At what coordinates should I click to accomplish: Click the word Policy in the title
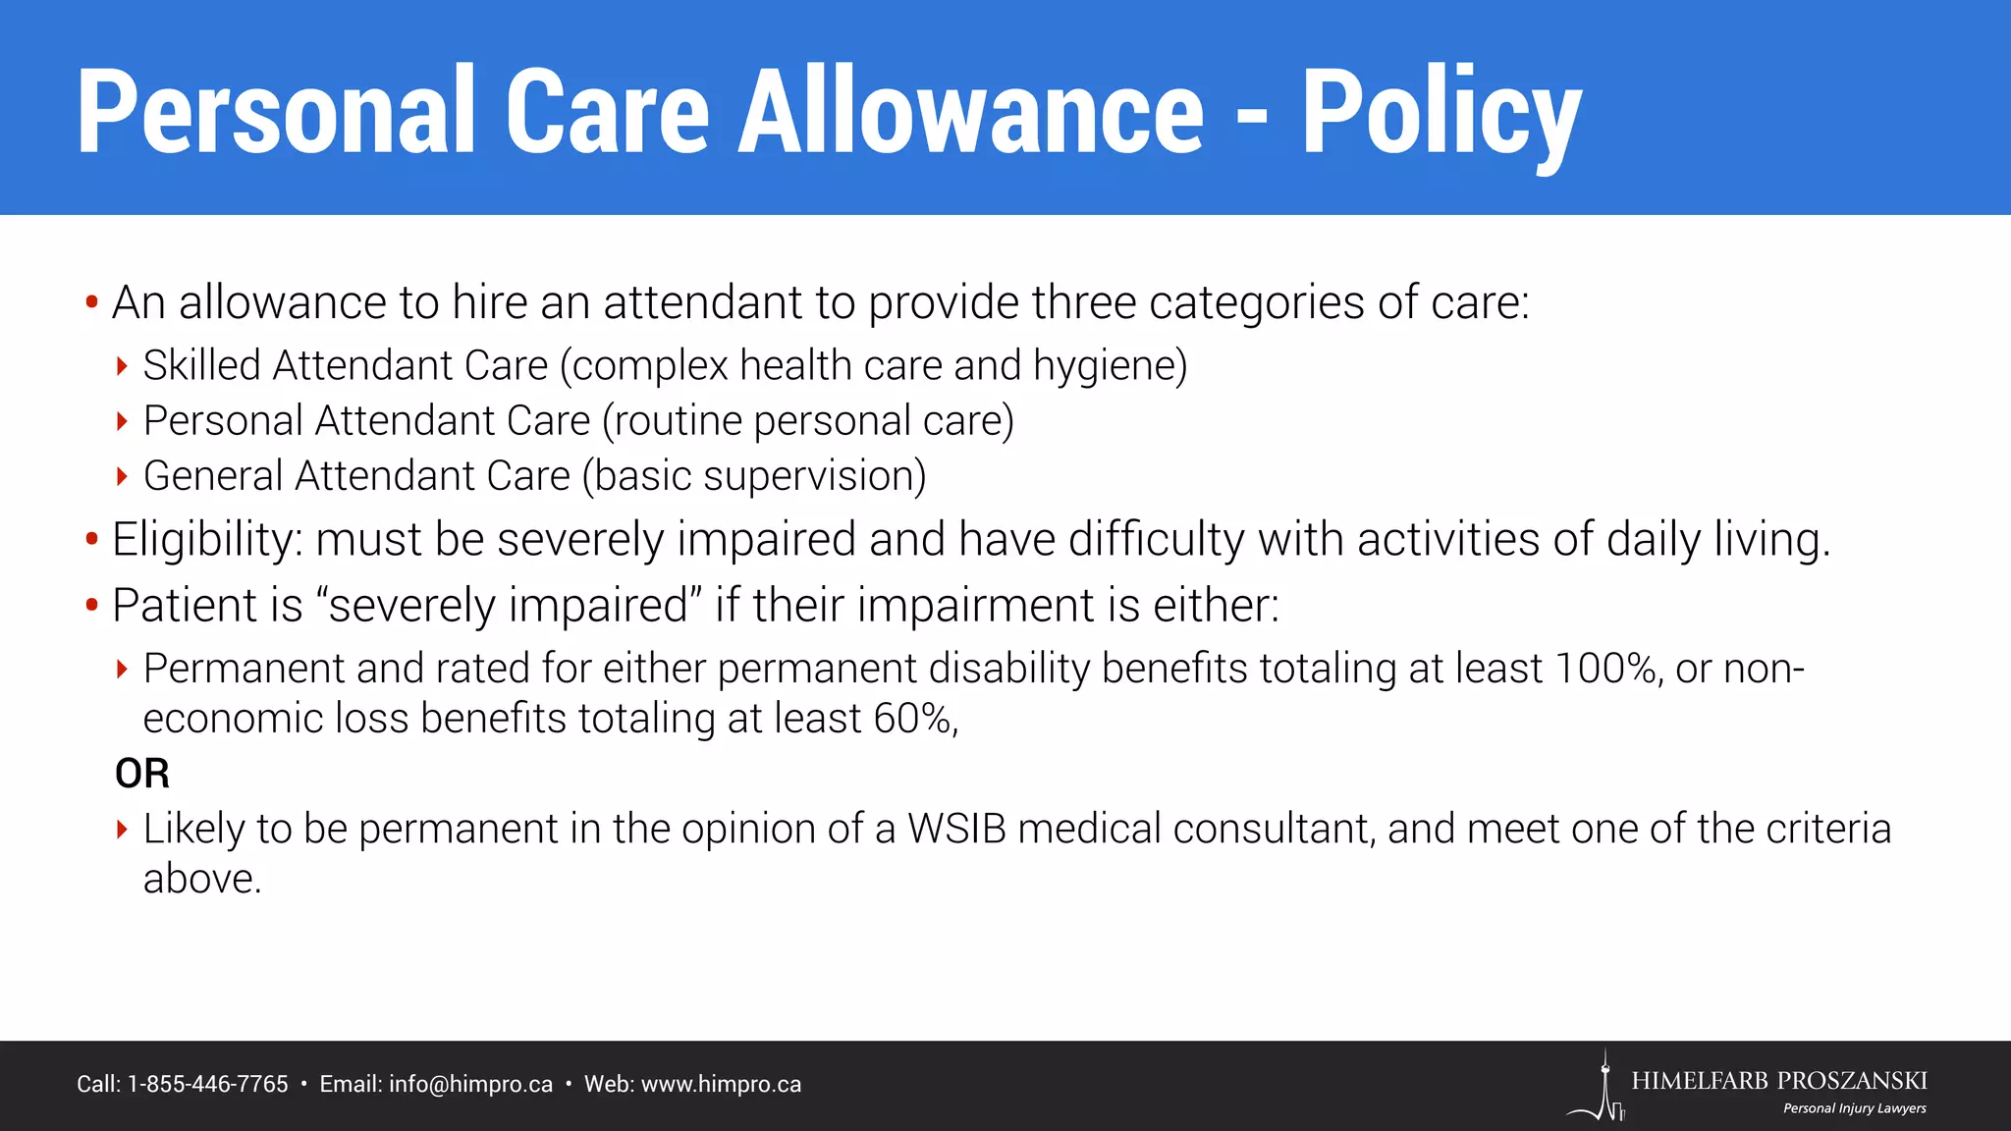coord(1440,113)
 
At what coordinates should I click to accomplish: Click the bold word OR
coord(142,774)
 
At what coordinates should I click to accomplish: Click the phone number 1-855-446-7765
coord(208,1085)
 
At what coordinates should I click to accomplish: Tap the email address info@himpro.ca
coord(470,1085)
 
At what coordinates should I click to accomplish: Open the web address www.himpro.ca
coord(721,1085)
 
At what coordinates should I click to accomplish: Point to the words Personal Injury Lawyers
coord(1854,1108)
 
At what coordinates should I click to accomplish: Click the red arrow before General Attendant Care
coord(122,477)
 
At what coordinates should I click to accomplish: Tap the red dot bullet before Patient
coord(91,605)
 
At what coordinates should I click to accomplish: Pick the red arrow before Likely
coord(122,830)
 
